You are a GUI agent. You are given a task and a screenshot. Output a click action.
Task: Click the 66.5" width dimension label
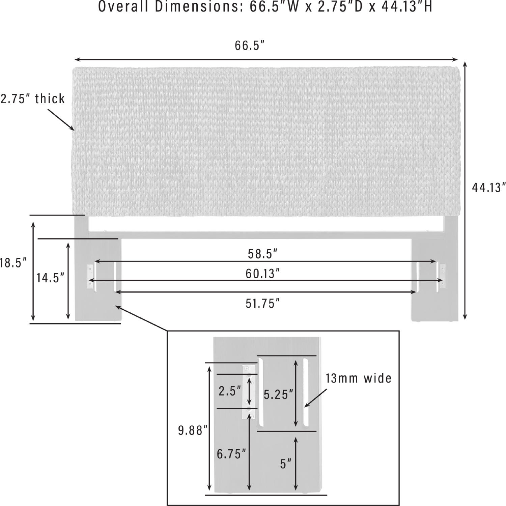click(x=249, y=46)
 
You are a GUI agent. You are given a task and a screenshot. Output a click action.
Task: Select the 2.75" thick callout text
click(x=33, y=99)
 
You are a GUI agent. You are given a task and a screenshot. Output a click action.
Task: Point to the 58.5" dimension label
click(x=262, y=254)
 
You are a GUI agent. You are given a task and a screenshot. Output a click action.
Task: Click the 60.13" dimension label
click(x=262, y=274)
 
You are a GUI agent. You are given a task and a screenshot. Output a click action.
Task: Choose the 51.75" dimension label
click(x=262, y=304)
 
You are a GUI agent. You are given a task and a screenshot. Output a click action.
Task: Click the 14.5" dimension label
click(x=50, y=278)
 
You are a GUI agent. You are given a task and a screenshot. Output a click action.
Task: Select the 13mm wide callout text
click(x=359, y=378)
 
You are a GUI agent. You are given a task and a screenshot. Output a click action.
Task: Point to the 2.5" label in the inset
click(x=230, y=391)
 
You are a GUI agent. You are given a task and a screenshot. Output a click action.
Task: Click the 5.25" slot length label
click(x=278, y=394)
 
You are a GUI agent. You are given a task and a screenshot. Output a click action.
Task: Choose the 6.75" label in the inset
click(x=231, y=454)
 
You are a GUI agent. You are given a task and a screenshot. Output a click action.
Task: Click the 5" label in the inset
click(x=285, y=464)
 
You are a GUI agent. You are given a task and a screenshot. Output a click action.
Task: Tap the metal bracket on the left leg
click(x=90, y=277)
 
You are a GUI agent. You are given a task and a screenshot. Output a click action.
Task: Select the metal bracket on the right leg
click(x=443, y=277)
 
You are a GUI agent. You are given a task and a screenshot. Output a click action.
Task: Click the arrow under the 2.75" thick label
click(x=61, y=119)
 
